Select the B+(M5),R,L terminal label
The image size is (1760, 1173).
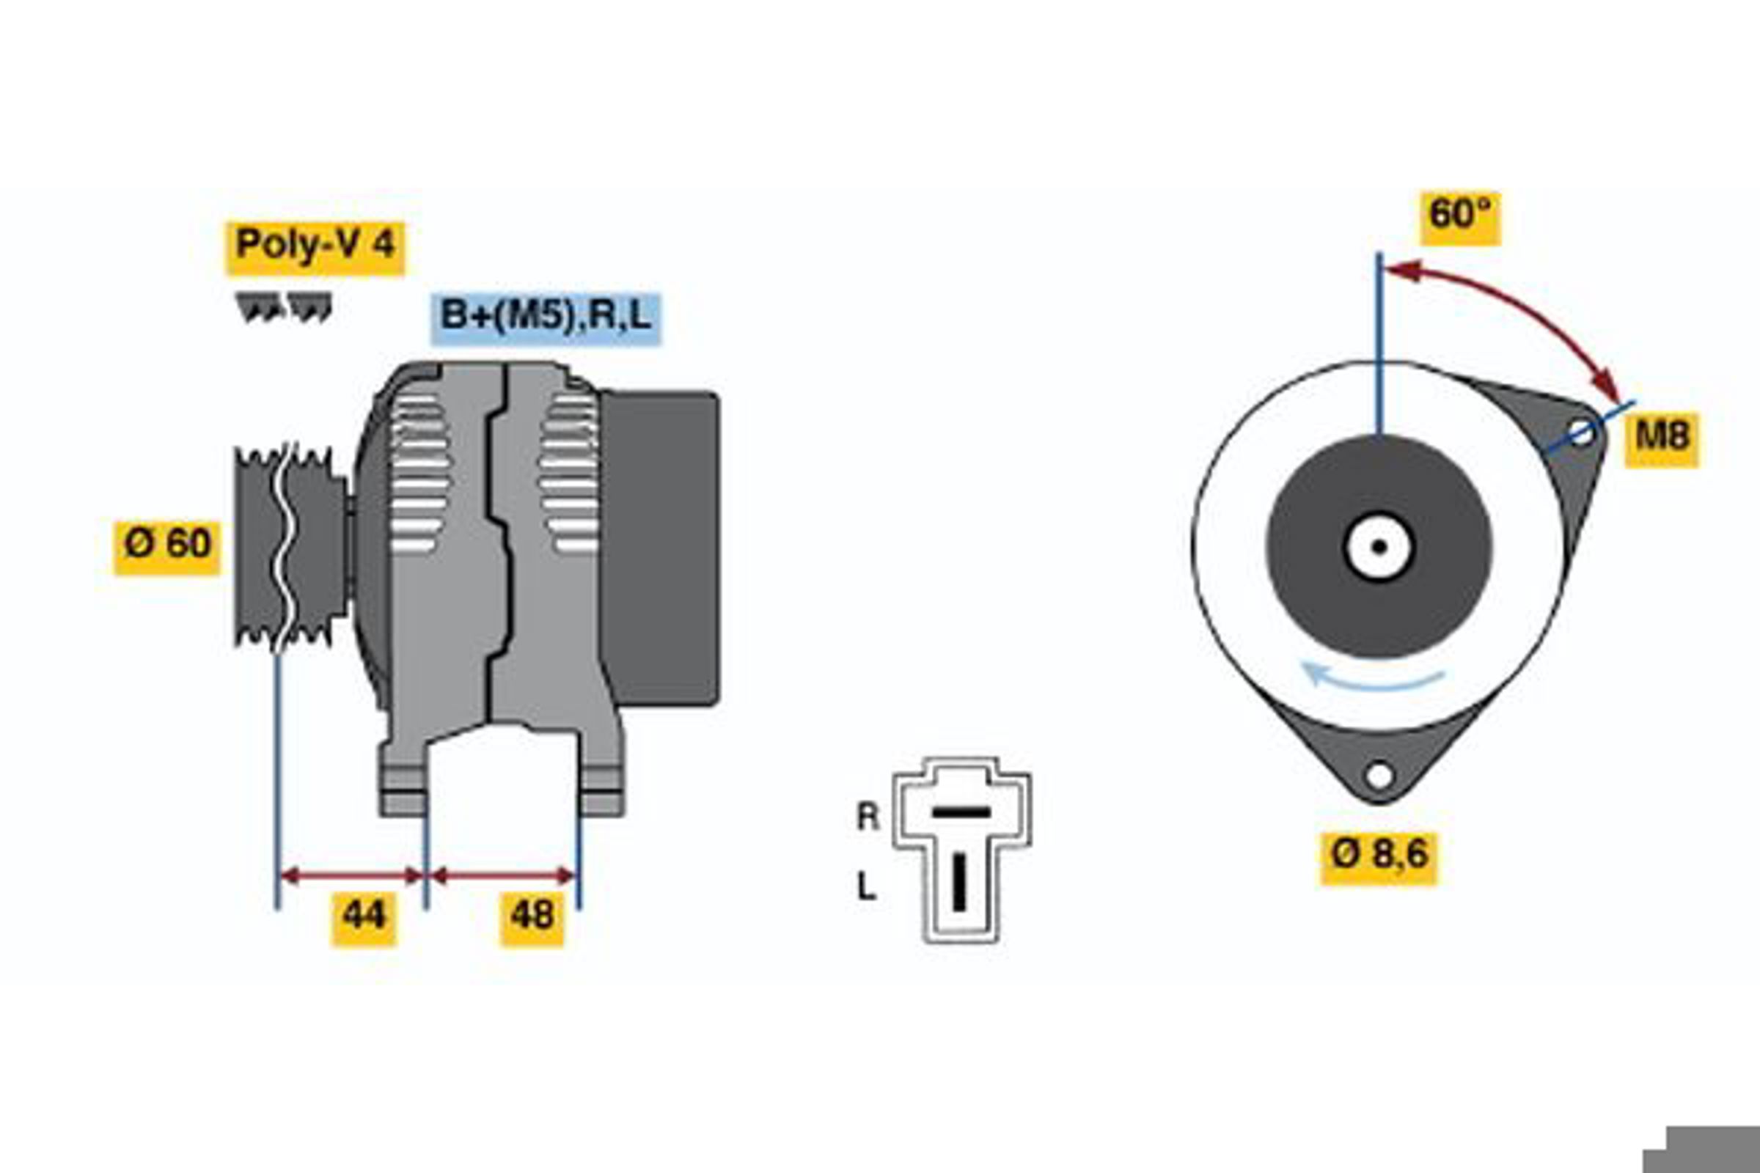[546, 317]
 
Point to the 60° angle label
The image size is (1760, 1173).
[1461, 217]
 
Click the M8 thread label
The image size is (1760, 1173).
[1661, 438]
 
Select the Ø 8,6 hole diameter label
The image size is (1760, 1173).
[1379, 857]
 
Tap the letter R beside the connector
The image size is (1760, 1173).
[868, 817]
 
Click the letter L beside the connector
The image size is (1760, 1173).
[866, 887]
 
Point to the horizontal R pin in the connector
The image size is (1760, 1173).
[961, 812]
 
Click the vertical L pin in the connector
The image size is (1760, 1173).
[959, 883]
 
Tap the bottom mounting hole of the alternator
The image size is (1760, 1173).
[1379, 776]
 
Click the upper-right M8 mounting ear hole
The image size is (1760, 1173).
[1580, 433]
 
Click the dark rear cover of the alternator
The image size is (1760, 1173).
[659, 548]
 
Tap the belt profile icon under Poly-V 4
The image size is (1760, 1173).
[284, 307]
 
